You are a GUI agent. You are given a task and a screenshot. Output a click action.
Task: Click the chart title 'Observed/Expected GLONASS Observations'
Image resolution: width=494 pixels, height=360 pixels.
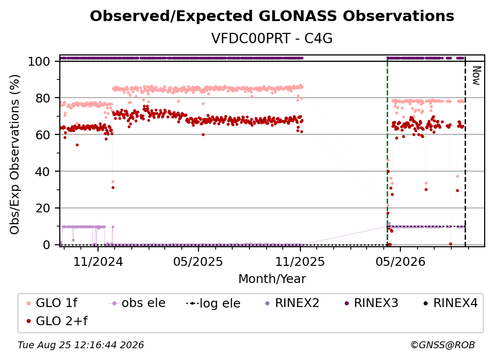[272, 16]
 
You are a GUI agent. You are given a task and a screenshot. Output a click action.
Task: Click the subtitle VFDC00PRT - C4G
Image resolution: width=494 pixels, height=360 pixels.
[272, 38]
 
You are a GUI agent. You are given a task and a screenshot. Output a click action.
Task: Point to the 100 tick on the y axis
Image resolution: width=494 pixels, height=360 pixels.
[39, 61]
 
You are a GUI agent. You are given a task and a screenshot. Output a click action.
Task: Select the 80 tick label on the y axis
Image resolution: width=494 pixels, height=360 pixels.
[43, 98]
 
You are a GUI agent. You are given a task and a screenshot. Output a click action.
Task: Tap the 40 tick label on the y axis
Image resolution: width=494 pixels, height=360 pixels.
[43, 172]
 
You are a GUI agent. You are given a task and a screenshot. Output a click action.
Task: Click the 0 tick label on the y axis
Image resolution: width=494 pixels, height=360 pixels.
[46, 245]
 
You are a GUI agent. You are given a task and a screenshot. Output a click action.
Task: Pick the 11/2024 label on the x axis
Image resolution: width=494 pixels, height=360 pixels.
[98, 261]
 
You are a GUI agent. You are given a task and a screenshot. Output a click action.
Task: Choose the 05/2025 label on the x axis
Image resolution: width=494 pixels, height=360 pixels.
[198, 261]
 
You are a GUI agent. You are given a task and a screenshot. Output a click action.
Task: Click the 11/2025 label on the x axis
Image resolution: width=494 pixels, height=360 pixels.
[300, 261]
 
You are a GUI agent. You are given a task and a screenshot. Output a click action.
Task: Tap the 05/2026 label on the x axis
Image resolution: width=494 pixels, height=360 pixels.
[400, 261]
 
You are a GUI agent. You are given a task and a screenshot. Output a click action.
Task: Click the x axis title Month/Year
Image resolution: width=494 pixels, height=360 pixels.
[272, 279]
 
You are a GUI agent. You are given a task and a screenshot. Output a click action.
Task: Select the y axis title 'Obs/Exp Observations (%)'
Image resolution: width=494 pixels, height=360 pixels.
[15, 154]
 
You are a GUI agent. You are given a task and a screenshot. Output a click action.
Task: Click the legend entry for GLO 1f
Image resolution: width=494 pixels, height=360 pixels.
[51, 303]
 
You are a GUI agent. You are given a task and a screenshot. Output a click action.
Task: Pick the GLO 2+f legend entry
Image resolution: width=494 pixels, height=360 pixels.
[57, 321]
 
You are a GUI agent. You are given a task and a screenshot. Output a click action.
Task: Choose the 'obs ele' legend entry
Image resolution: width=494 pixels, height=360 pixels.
[136, 303]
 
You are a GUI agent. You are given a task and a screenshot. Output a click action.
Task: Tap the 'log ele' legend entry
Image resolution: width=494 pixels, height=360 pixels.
[213, 303]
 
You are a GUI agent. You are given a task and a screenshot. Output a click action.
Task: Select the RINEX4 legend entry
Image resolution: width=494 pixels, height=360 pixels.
[450, 303]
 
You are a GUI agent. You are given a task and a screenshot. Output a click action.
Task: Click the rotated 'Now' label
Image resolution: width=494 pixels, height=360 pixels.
[476, 76]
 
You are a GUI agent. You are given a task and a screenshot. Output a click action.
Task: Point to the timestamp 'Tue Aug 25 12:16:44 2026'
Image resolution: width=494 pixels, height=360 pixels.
[81, 345]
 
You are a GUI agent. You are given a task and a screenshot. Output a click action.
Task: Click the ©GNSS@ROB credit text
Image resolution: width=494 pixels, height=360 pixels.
[443, 345]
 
